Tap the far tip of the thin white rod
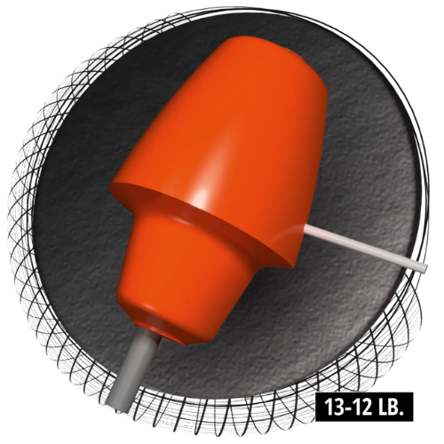click(425, 269)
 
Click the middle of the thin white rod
click(365, 247)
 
